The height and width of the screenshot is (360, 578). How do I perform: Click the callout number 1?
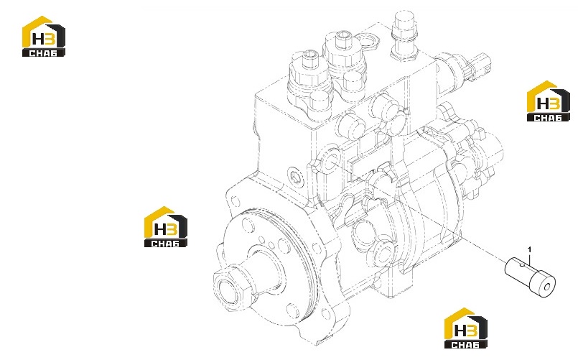click(x=530, y=250)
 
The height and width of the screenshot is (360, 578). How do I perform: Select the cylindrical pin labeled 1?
click(x=530, y=277)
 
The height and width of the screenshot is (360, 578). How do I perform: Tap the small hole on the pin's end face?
click(x=547, y=286)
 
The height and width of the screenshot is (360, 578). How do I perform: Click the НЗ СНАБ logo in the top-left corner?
click(x=44, y=36)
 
